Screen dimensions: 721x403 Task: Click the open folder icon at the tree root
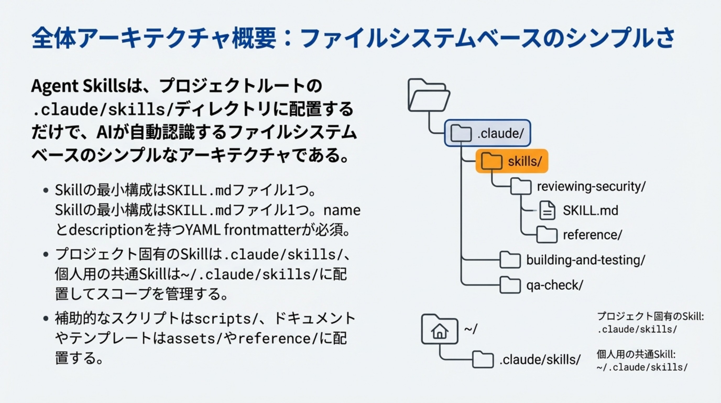(429, 95)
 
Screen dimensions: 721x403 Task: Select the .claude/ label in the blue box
(500, 133)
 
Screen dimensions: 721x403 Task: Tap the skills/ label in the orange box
(525, 161)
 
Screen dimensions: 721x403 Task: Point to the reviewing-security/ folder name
(591, 187)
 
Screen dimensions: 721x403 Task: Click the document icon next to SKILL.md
(547, 210)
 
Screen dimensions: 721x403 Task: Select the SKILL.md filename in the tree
(591, 210)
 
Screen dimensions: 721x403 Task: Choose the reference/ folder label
(593, 235)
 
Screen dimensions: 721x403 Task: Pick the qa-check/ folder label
(555, 285)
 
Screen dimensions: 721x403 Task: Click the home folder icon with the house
(439, 329)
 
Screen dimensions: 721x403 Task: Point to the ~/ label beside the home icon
(471, 329)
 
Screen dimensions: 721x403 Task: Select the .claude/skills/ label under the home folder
(540, 359)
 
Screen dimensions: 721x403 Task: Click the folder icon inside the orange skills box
(491, 161)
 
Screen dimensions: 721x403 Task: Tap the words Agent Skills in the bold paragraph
(79, 86)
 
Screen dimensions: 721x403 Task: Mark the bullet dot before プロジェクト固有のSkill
(46, 254)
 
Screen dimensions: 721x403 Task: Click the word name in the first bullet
(342, 210)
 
